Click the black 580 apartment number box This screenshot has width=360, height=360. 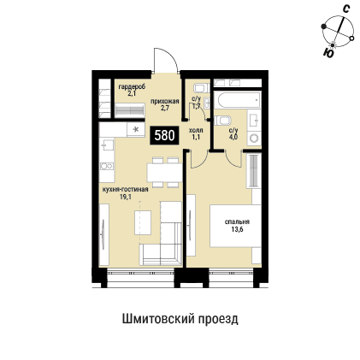pos(165,134)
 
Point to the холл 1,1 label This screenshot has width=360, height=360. pos(195,134)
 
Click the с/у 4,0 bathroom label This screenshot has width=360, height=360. pos(233,133)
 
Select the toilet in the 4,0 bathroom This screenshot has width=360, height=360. pos(252,137)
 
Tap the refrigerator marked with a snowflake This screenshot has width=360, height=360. pos(136,129)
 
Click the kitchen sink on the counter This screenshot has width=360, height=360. pos(108,164)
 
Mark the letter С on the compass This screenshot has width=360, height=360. pos(345,9)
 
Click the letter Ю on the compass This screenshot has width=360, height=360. pos(330,52)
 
